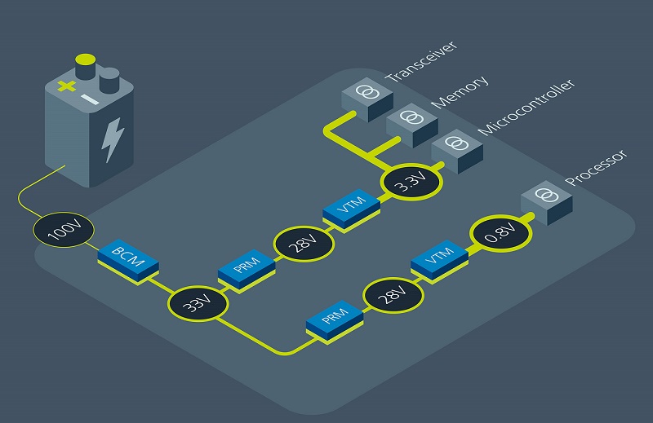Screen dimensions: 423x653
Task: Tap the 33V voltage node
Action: [x=197, y=304]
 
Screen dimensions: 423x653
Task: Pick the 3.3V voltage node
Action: [x=411, y=184]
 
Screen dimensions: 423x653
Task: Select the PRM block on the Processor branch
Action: [x=334, y=318]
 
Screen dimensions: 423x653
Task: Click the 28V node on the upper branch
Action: [x=304, y=242]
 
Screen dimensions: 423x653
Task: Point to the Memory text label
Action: [x=460, y=91]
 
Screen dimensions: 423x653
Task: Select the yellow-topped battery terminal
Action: [x=84, y=64]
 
